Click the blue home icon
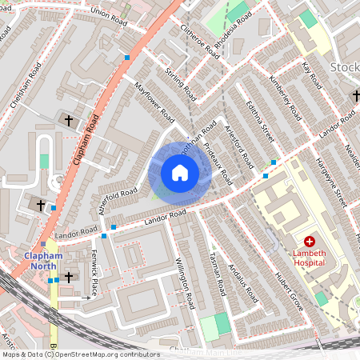point(180,172)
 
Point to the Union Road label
point(110,13)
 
